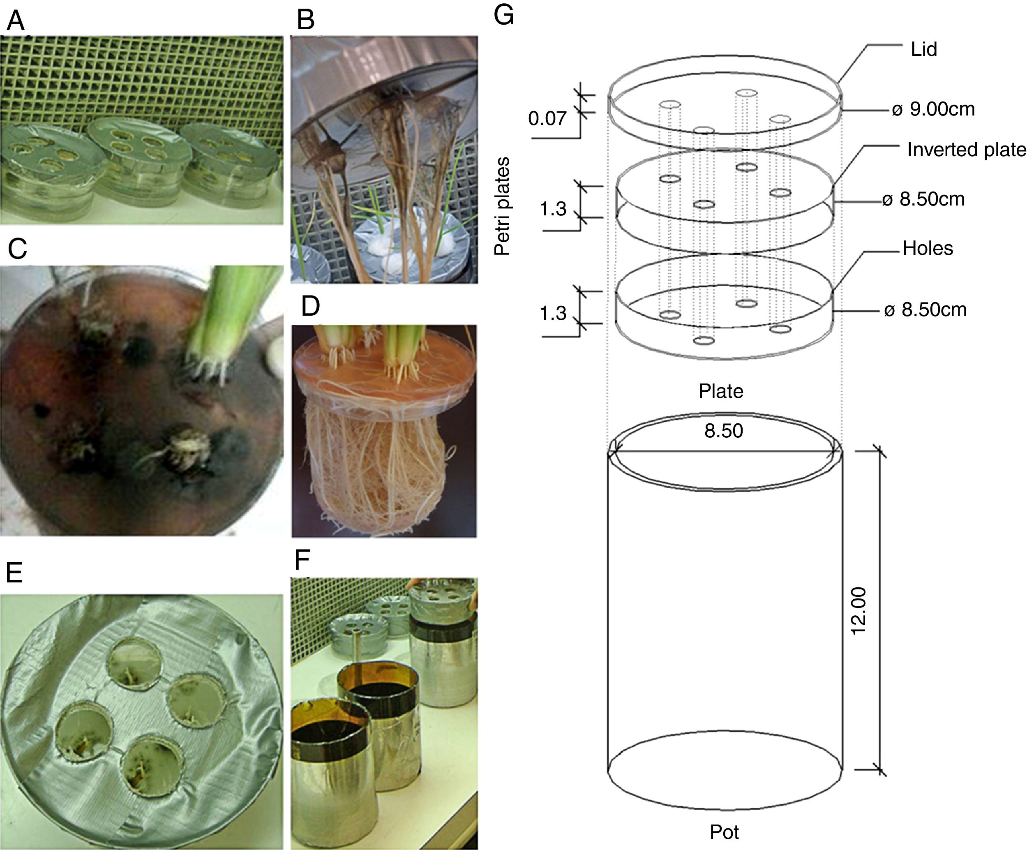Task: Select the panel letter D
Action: click(311, 306)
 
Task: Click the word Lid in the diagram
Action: click(923, 49)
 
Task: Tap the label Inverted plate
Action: click(966, 150)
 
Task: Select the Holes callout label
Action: click(927, 248)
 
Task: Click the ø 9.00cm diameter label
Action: click(933, 109)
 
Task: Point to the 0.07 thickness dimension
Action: click(547, 118)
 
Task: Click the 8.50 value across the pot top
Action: click(723, 431)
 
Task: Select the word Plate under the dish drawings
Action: click(720, 391)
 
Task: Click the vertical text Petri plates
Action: click(502, 206)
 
